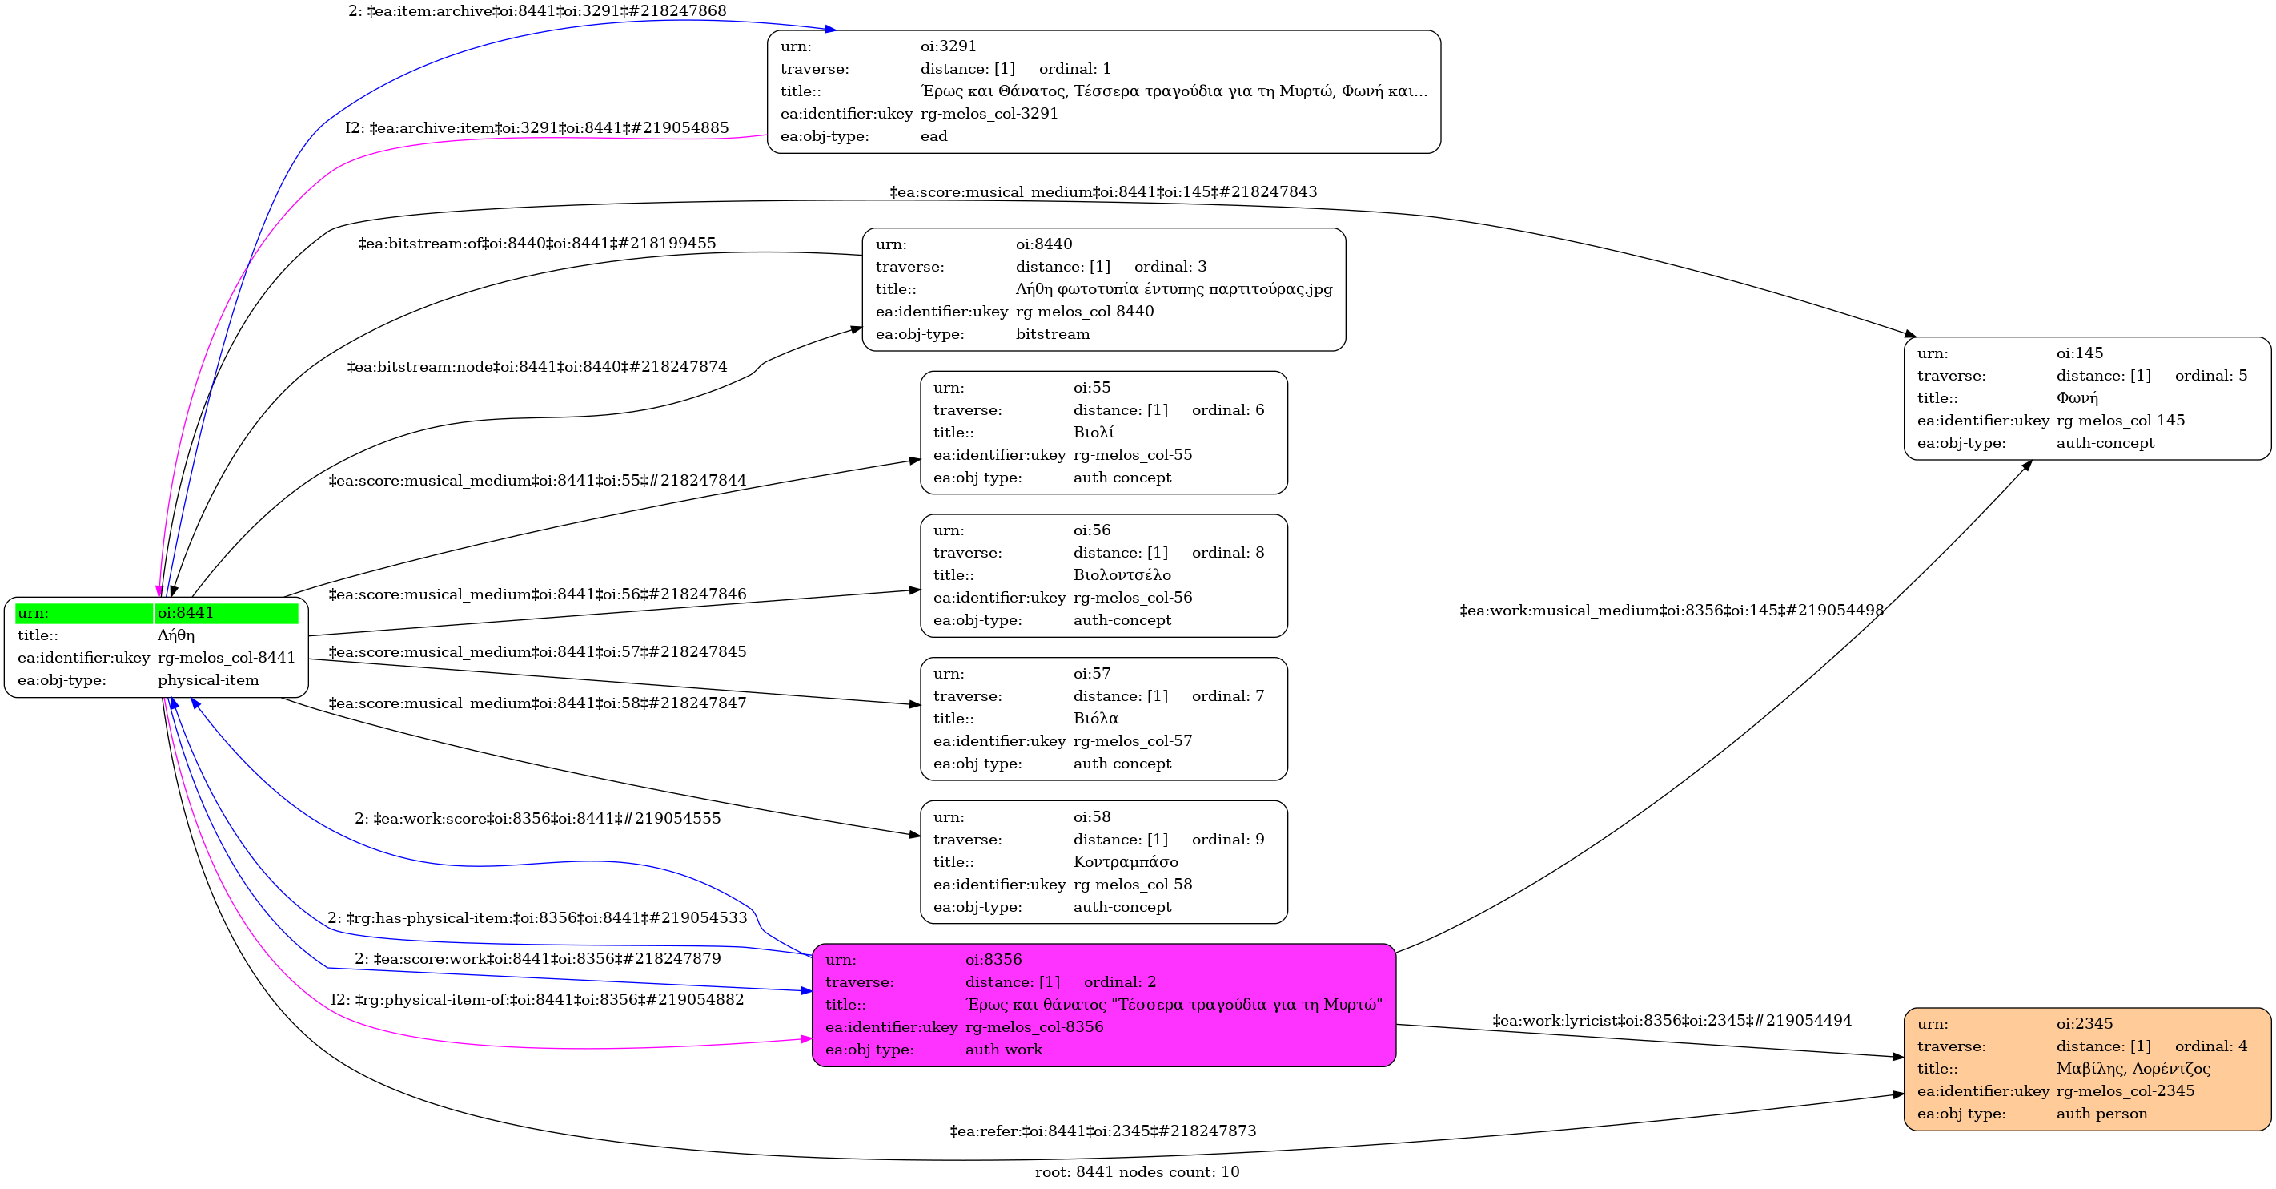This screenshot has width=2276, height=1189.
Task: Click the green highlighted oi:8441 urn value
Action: tap(186, 613)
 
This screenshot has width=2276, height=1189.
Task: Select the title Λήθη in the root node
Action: tap(176, 635)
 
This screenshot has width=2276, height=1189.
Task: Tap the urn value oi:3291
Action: tap(948, 46)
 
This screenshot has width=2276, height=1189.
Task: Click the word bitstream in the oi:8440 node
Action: tap(1052, 334)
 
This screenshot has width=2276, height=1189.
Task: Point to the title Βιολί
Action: tap(1093, 433)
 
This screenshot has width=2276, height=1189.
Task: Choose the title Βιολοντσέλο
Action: tap(1122, 574)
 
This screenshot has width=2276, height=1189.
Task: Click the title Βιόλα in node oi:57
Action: tap(1096, 718)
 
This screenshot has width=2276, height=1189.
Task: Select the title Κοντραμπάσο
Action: tap(1126, 861)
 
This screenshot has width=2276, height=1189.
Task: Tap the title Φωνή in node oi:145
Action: tap(2077, 398)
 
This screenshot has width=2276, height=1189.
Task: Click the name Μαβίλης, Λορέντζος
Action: tap(2133, 1068)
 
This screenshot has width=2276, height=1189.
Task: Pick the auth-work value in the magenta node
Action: tap(1004, 1050)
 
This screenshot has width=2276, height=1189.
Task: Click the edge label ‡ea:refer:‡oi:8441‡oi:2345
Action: tap(1102, 1131)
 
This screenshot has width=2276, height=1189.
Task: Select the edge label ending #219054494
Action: tap(1672, 1020)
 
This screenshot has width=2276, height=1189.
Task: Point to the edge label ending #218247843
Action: tap(1102, 191)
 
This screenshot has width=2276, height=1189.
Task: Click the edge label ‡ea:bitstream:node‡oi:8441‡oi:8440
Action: tap(537, 366)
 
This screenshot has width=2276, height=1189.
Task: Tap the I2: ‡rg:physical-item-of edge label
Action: tap(537, 999)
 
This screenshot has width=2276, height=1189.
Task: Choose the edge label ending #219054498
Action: tap(1672, 610)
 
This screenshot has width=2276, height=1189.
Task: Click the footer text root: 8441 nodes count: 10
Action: tap(1137, 1171)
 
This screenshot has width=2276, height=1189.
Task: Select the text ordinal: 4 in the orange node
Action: tap(2210, 1046)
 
